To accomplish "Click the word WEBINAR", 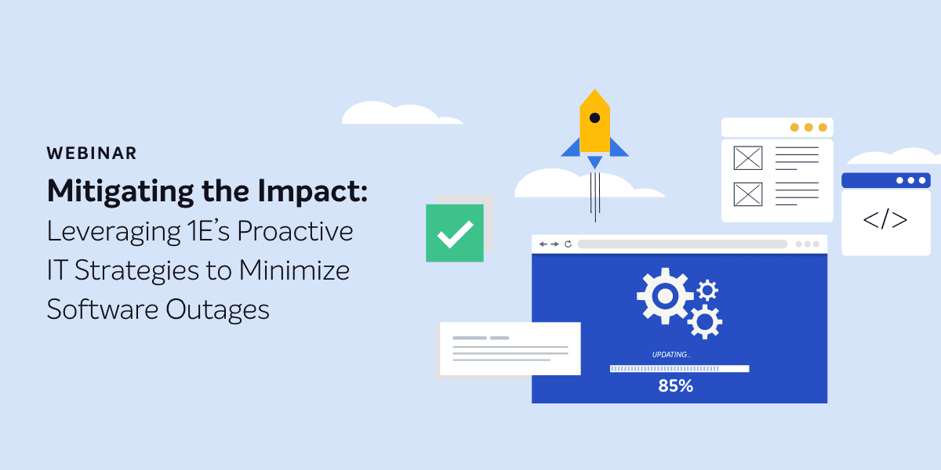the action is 92,154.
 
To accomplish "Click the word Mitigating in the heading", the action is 121,192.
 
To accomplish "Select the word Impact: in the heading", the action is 313,192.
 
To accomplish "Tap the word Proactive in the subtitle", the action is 295,231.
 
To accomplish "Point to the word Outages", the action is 217,309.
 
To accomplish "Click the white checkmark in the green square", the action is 456,234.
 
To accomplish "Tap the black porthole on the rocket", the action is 594,118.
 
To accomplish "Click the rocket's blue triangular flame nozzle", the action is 594,162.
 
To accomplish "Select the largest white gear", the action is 665,296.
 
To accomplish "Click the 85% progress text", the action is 675,386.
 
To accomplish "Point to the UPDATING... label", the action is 671,355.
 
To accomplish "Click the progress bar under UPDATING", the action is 679,368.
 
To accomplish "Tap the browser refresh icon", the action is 568,244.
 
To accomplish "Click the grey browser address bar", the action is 682,244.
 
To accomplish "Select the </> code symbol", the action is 885,220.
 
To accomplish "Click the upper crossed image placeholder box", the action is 748,157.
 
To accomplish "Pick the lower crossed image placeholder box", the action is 748,194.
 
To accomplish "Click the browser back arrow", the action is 543,244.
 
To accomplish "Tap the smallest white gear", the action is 707,290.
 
